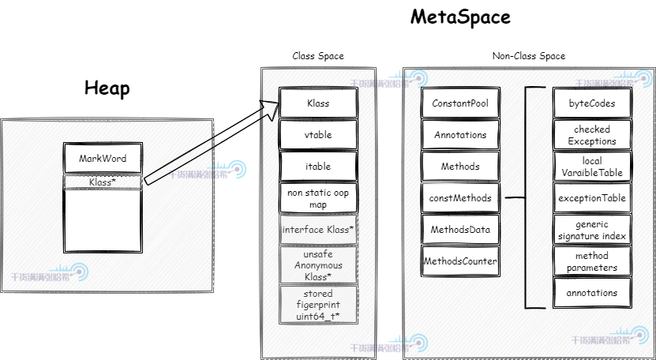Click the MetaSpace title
[460, 17]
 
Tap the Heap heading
[107, 88]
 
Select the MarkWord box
[103, 158]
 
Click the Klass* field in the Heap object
[103, 182]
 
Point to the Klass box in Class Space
[318, 103]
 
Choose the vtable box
[318, 135]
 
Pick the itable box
[318, 167]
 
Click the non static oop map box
[318, 198]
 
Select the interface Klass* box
[318, 230]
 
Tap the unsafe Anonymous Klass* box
[318, 265]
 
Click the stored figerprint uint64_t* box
[318, 304]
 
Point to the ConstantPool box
[460, 103]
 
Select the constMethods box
[460, 198]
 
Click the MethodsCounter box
[460, 261]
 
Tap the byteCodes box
[592, 103]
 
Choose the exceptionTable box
[592, 198]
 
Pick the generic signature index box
[592, 230]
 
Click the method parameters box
[592, 261]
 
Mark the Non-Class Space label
[528, 56]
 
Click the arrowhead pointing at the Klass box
[271, 107]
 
